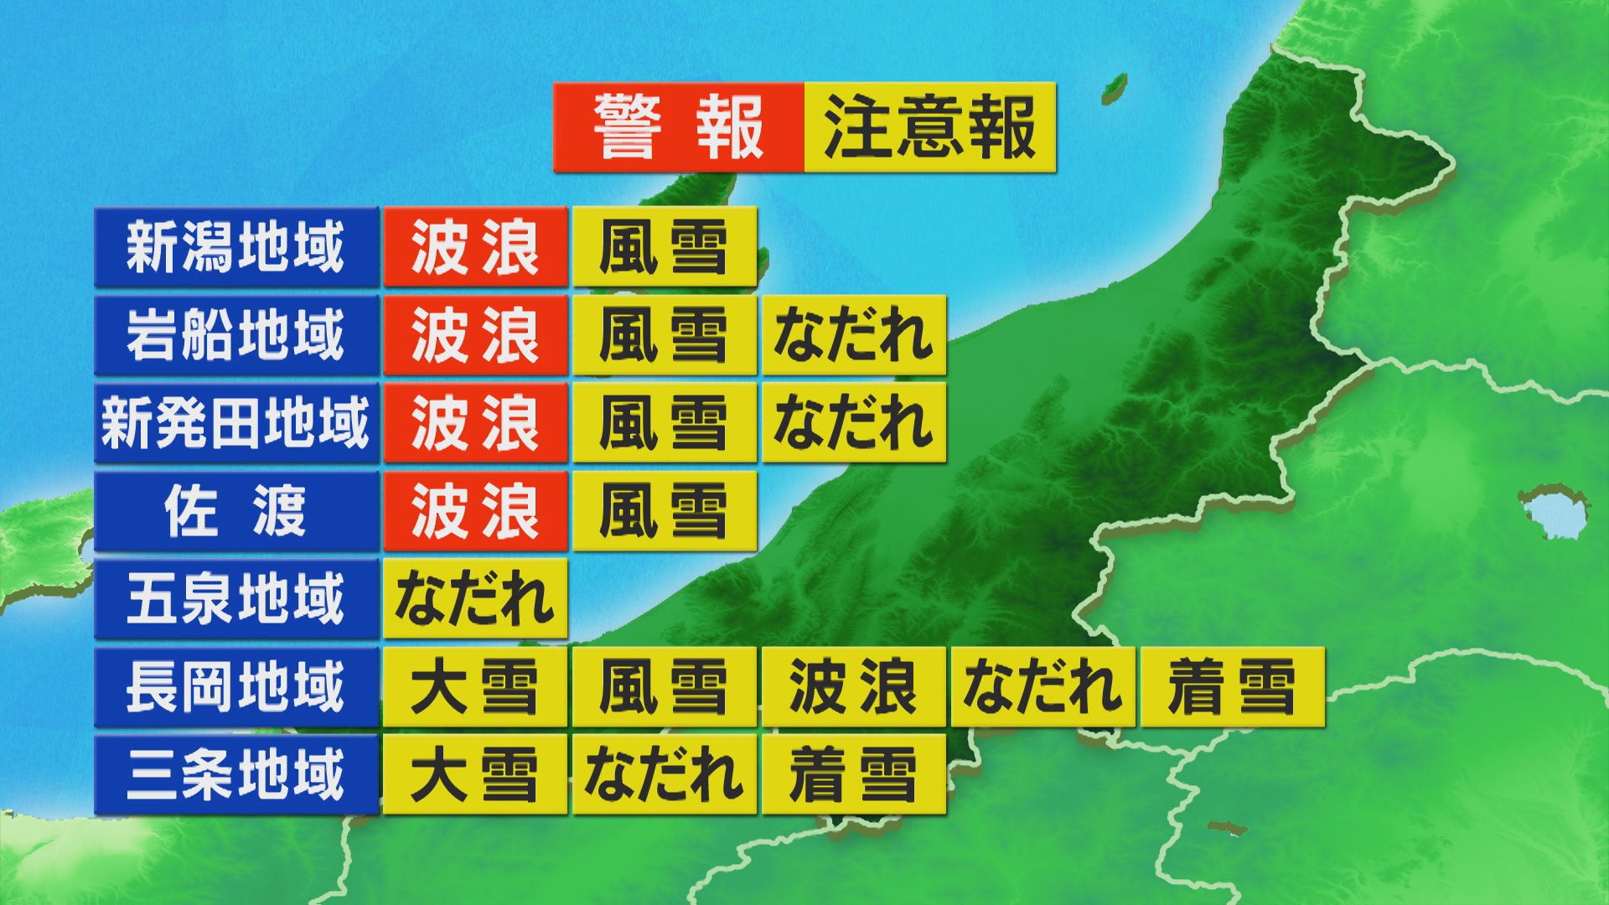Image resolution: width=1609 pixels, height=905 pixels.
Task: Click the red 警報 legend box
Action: (x=678, y=127)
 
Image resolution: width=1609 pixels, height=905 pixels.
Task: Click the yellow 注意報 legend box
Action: (x=929, y=127)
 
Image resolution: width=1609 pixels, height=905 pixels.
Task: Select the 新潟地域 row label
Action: (x=235, y=247)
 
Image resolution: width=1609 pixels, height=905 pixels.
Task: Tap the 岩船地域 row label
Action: (x=235, y=335)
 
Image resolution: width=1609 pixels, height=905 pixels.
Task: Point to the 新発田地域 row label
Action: (x=235, y=423)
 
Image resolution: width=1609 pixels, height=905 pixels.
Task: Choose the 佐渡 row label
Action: (x=235, y=511)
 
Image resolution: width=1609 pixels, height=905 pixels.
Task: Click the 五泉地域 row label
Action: (x=235, y=599)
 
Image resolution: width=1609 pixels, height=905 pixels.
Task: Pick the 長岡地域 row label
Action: (x=235, y=687)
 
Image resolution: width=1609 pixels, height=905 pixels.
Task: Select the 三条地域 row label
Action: (x=235, y=775)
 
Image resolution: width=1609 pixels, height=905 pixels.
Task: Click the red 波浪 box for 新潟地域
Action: (x=475, y=247)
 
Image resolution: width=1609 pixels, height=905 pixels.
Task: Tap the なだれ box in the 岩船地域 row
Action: (x=853, y=335)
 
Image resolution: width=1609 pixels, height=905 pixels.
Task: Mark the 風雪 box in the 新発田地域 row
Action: (x=664, y=423)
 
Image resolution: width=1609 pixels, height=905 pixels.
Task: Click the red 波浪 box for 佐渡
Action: (x=475, y=511)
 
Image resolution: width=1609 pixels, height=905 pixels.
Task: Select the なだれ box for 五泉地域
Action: (x=475, y=599)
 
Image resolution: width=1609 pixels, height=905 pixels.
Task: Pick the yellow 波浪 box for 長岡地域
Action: (x=853, y=687)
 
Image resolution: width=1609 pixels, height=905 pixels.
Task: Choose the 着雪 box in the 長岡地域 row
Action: (x=1231, y=687)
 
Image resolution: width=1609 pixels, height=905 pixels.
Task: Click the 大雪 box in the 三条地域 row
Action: (x=475, y=775)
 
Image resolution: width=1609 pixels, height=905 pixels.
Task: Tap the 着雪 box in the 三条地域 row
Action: (x=853, y=775)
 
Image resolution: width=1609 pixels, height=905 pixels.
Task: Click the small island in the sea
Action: (x=1114, y=86)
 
